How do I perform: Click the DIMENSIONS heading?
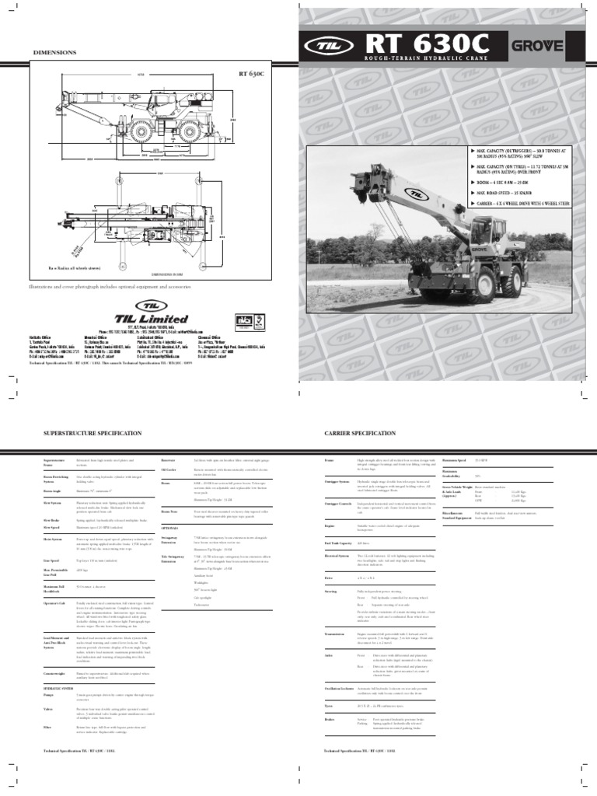tap(54, 52)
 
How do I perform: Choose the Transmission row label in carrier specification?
tap(337, 634)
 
